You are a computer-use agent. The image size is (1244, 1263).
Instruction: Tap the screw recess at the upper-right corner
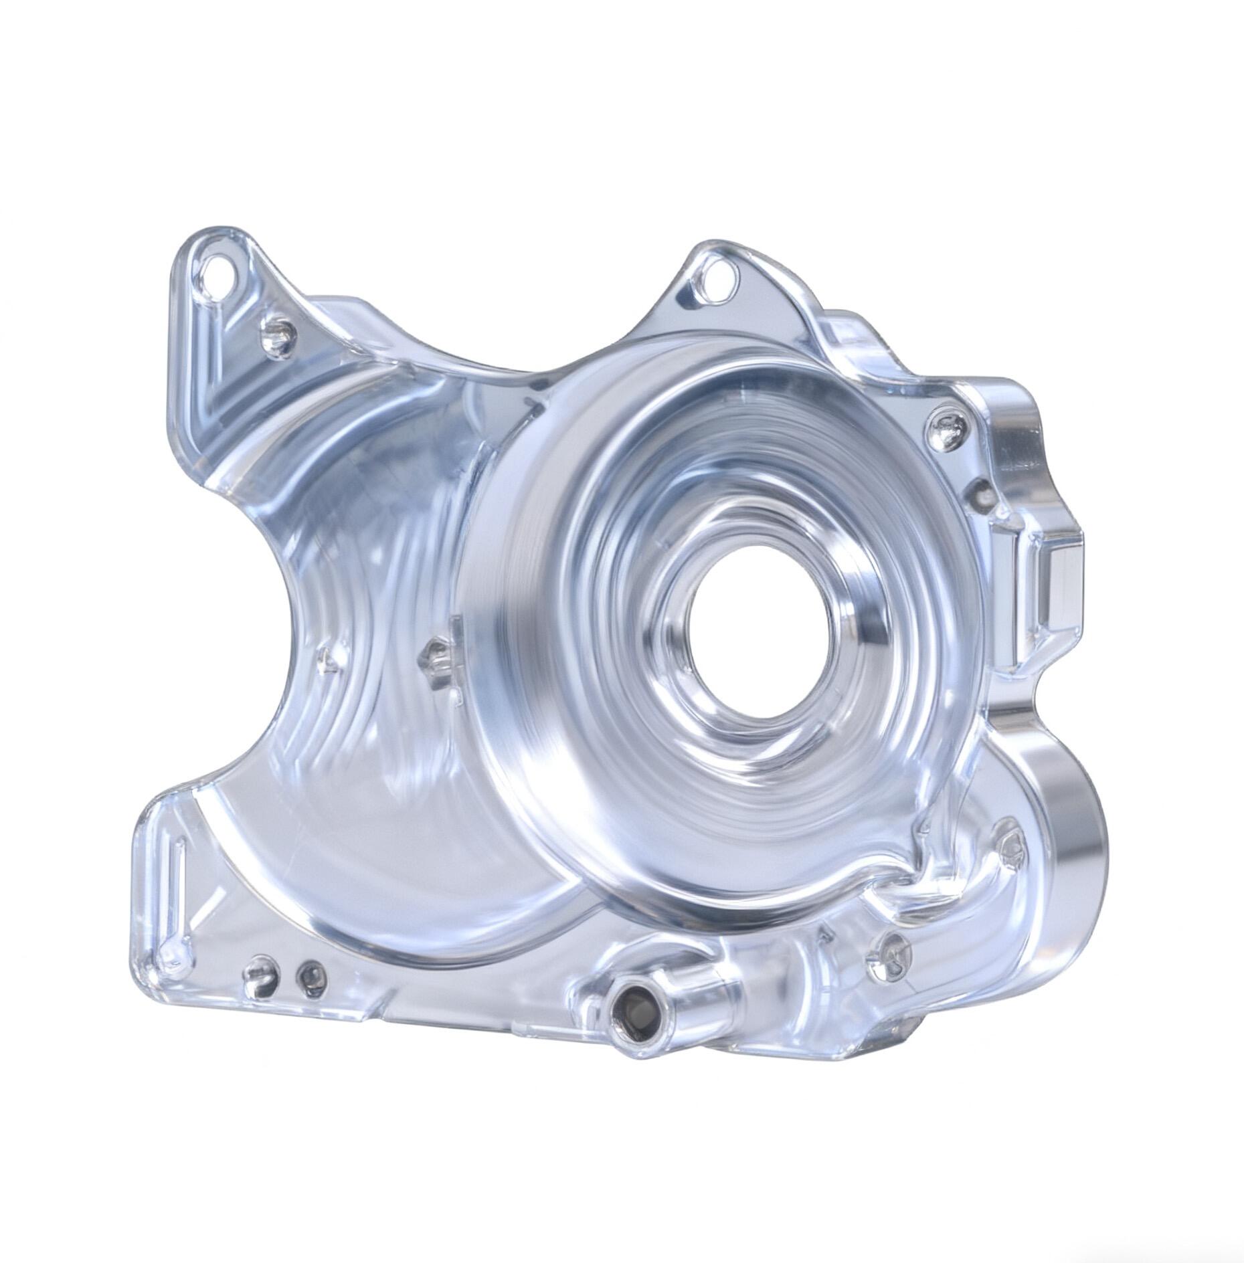point(946,428)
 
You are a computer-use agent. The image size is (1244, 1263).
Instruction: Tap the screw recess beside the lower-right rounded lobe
point(1010,844)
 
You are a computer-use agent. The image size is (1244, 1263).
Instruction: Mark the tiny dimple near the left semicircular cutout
point(326,656)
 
